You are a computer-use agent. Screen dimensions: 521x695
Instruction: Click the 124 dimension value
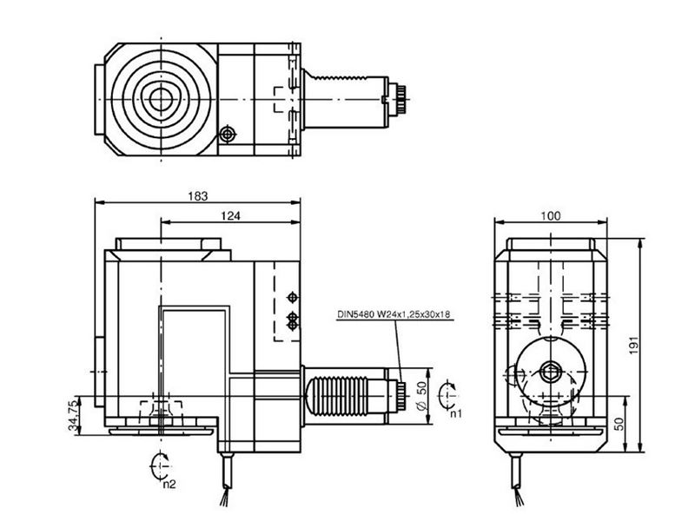[229, 214]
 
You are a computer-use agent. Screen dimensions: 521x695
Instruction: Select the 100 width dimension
[550, 215]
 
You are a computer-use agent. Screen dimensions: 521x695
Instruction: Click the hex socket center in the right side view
[551, 373]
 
